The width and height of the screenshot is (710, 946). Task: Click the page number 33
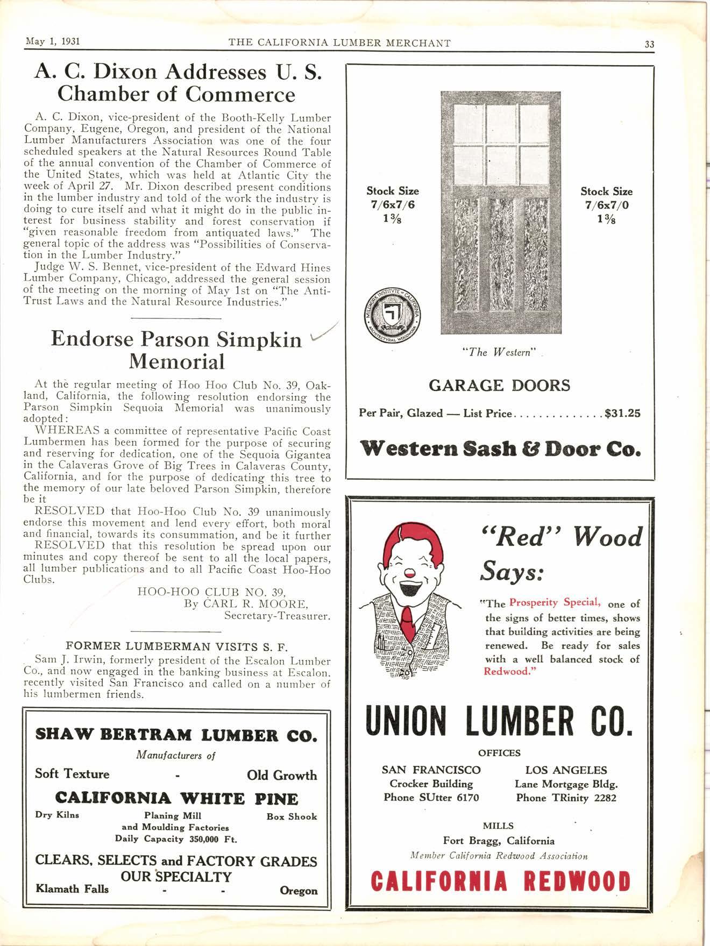coord(649,45)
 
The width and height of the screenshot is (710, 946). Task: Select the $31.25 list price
coord(622,414)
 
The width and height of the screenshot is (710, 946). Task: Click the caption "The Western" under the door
coord(500,353)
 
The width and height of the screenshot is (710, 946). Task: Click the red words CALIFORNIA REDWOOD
coord(500,881)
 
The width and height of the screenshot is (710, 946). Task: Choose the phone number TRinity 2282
coord(566,798)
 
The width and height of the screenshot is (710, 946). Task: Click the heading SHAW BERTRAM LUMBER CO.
coord(176,735)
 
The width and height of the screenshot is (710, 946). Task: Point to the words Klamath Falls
coord(72,888)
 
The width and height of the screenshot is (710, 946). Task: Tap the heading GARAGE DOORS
coord(499,386)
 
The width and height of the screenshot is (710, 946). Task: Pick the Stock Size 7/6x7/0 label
coord(606,205)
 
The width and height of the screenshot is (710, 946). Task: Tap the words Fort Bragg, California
coord(498,841)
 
